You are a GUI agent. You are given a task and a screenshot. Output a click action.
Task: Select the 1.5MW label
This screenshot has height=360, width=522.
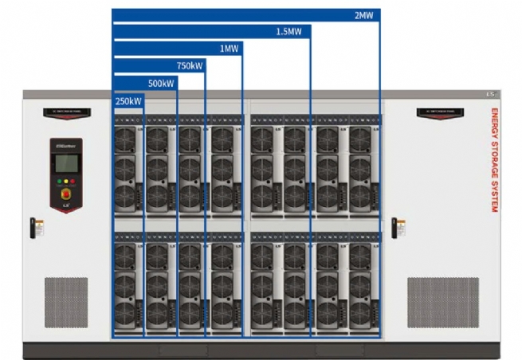[x=288, y=31]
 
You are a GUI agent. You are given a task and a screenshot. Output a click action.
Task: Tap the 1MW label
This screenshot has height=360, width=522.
[x=230, y=49]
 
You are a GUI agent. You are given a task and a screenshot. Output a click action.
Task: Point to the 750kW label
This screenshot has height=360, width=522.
[x=190, y=65]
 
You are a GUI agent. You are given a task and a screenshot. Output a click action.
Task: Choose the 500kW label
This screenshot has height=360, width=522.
[x=161, y=83]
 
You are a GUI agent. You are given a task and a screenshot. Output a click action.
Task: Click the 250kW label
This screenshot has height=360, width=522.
[x=128, y=101]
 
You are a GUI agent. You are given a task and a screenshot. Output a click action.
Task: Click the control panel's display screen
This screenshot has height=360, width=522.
[x=66, y=162]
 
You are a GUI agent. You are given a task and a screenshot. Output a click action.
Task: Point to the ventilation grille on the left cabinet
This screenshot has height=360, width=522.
[x=66, y=302]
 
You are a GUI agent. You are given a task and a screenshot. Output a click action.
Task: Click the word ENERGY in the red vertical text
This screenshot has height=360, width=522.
[x=495, y=124]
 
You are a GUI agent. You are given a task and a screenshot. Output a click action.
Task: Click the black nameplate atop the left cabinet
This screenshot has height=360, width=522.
[x=66, y=112]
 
